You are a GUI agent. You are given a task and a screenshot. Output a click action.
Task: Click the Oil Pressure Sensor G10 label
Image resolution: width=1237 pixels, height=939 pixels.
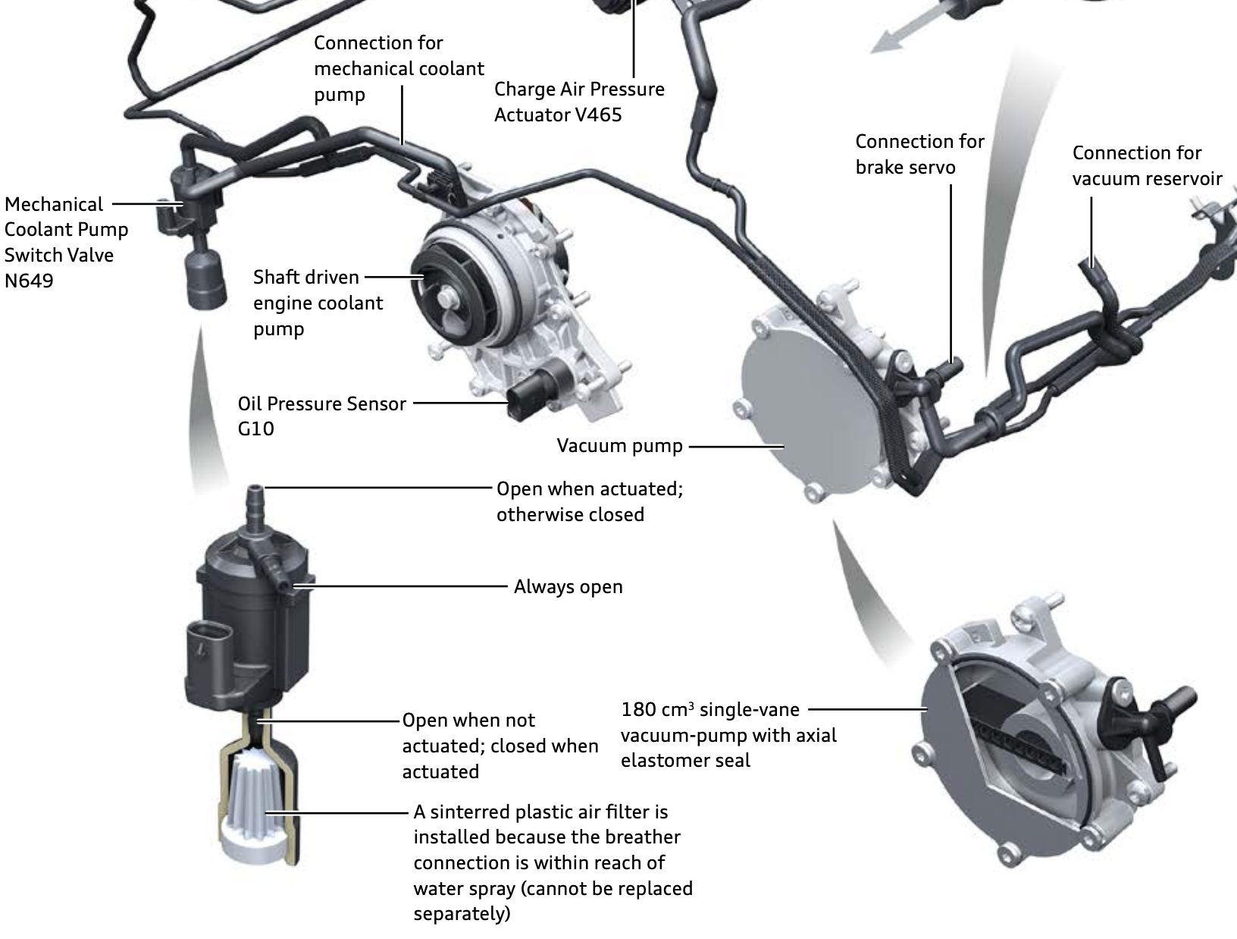point(321,415)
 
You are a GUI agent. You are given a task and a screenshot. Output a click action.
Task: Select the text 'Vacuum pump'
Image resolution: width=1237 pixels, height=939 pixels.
point(619,445)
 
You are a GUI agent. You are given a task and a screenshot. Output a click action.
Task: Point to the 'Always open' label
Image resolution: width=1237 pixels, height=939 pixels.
point(568,586)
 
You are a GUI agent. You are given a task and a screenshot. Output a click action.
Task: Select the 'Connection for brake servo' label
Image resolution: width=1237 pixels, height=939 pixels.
point(919,154)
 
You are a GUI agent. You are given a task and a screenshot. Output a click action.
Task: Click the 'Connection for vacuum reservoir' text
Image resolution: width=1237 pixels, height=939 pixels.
point(1146,165)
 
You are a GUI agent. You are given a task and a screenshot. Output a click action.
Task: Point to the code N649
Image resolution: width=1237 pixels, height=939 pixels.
point(29,281)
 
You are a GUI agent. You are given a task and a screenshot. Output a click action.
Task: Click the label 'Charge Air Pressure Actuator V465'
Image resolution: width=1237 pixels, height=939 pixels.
point(578,102)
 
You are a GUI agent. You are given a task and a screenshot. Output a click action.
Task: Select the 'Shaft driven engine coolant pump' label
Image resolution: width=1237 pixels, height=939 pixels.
point(318,303)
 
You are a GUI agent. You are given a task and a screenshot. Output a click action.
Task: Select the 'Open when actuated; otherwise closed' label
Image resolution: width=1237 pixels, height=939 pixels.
point(589,501)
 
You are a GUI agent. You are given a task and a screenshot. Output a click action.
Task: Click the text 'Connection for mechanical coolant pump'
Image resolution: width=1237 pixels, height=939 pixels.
point(399,68)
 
